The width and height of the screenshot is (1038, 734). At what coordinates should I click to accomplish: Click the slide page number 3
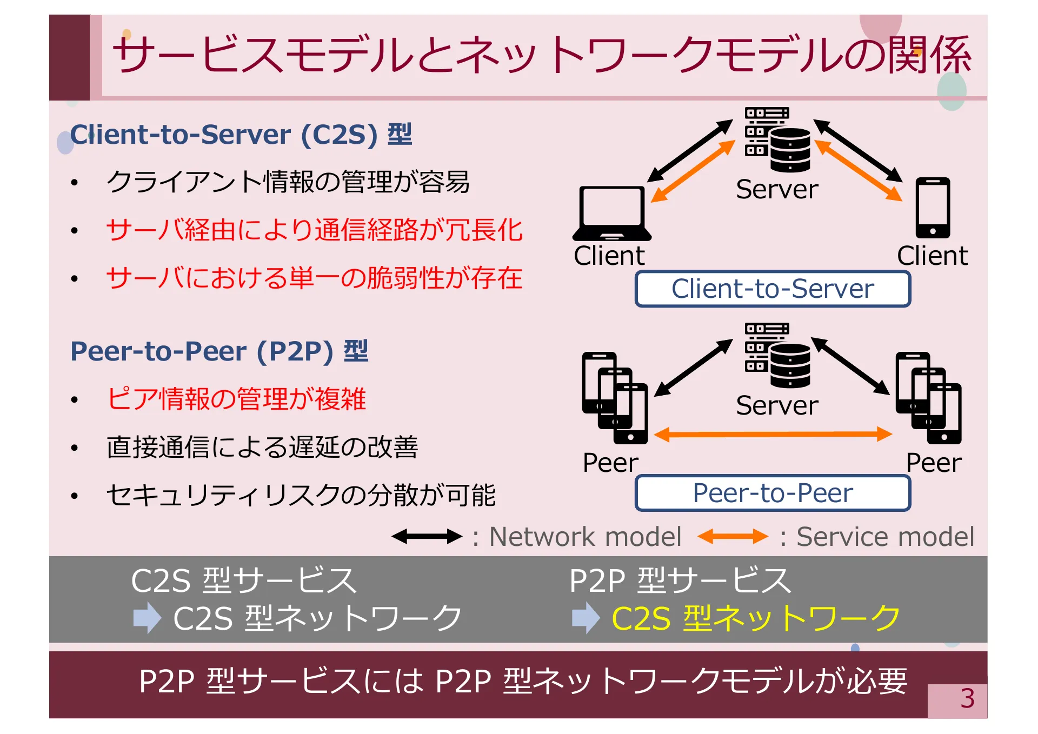(x=967, y=699)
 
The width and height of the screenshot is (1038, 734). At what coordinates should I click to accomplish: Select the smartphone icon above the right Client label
(x=933, y=208)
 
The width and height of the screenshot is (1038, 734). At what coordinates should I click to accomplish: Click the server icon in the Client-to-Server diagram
(x=777, y=139)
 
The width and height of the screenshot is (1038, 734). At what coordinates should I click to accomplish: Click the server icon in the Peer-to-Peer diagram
(x=777, y=355)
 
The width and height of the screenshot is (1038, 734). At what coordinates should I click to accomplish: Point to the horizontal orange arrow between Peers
(x=773, y=434)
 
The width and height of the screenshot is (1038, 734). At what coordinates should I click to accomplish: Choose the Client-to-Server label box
(x=773, y=289)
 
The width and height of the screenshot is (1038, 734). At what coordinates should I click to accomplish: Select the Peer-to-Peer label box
(x=773, y=493)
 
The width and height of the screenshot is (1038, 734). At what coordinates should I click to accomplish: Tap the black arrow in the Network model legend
(x=427, y=537)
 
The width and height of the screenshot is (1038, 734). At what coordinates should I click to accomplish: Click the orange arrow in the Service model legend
(x=733, y=537)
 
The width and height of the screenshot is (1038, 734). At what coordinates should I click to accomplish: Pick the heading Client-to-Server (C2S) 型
(x=241, y=135)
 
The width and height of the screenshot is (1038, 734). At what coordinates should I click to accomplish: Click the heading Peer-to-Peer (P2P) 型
(x=219, y=351)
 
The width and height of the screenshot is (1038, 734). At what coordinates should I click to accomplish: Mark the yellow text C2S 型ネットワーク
(x=755, y=618)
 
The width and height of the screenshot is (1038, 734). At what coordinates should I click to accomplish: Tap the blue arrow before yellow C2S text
(x=585, y=618)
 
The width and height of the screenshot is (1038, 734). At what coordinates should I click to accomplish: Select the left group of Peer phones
(x=615, y=397)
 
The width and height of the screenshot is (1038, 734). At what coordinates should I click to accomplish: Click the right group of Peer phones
(x=928, y=397)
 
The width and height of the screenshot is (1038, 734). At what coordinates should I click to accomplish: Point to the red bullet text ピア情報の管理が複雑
(x=236, y=399)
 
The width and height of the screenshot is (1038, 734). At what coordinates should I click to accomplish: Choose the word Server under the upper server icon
(x=777, y=189)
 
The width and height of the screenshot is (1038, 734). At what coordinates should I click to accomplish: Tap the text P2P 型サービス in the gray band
(x=680, y=580)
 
